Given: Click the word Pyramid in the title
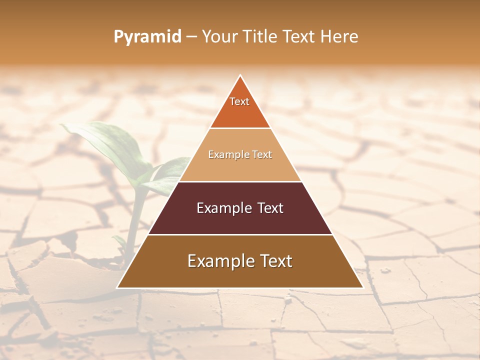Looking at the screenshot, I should [x=147, y=37].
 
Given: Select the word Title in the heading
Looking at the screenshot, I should [x=261, y=37].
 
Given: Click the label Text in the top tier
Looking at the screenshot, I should [x=239, y=101].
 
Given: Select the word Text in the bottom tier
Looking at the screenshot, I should [x=273, y=261].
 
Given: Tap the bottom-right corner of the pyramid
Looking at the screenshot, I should [x=362, y=287].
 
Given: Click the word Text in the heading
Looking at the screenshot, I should [x=299, y=37].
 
